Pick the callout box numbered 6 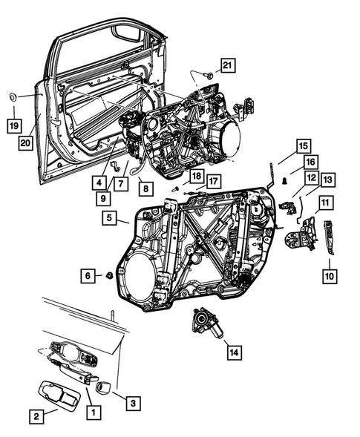coord(88,275)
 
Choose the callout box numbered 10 coord(329,275)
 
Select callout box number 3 coord(131,403)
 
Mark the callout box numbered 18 coord(195,176)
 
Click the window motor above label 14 coord(204,323)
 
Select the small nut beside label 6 coord(108,276)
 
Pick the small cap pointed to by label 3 coord(103,387)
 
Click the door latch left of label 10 coord(300,239)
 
